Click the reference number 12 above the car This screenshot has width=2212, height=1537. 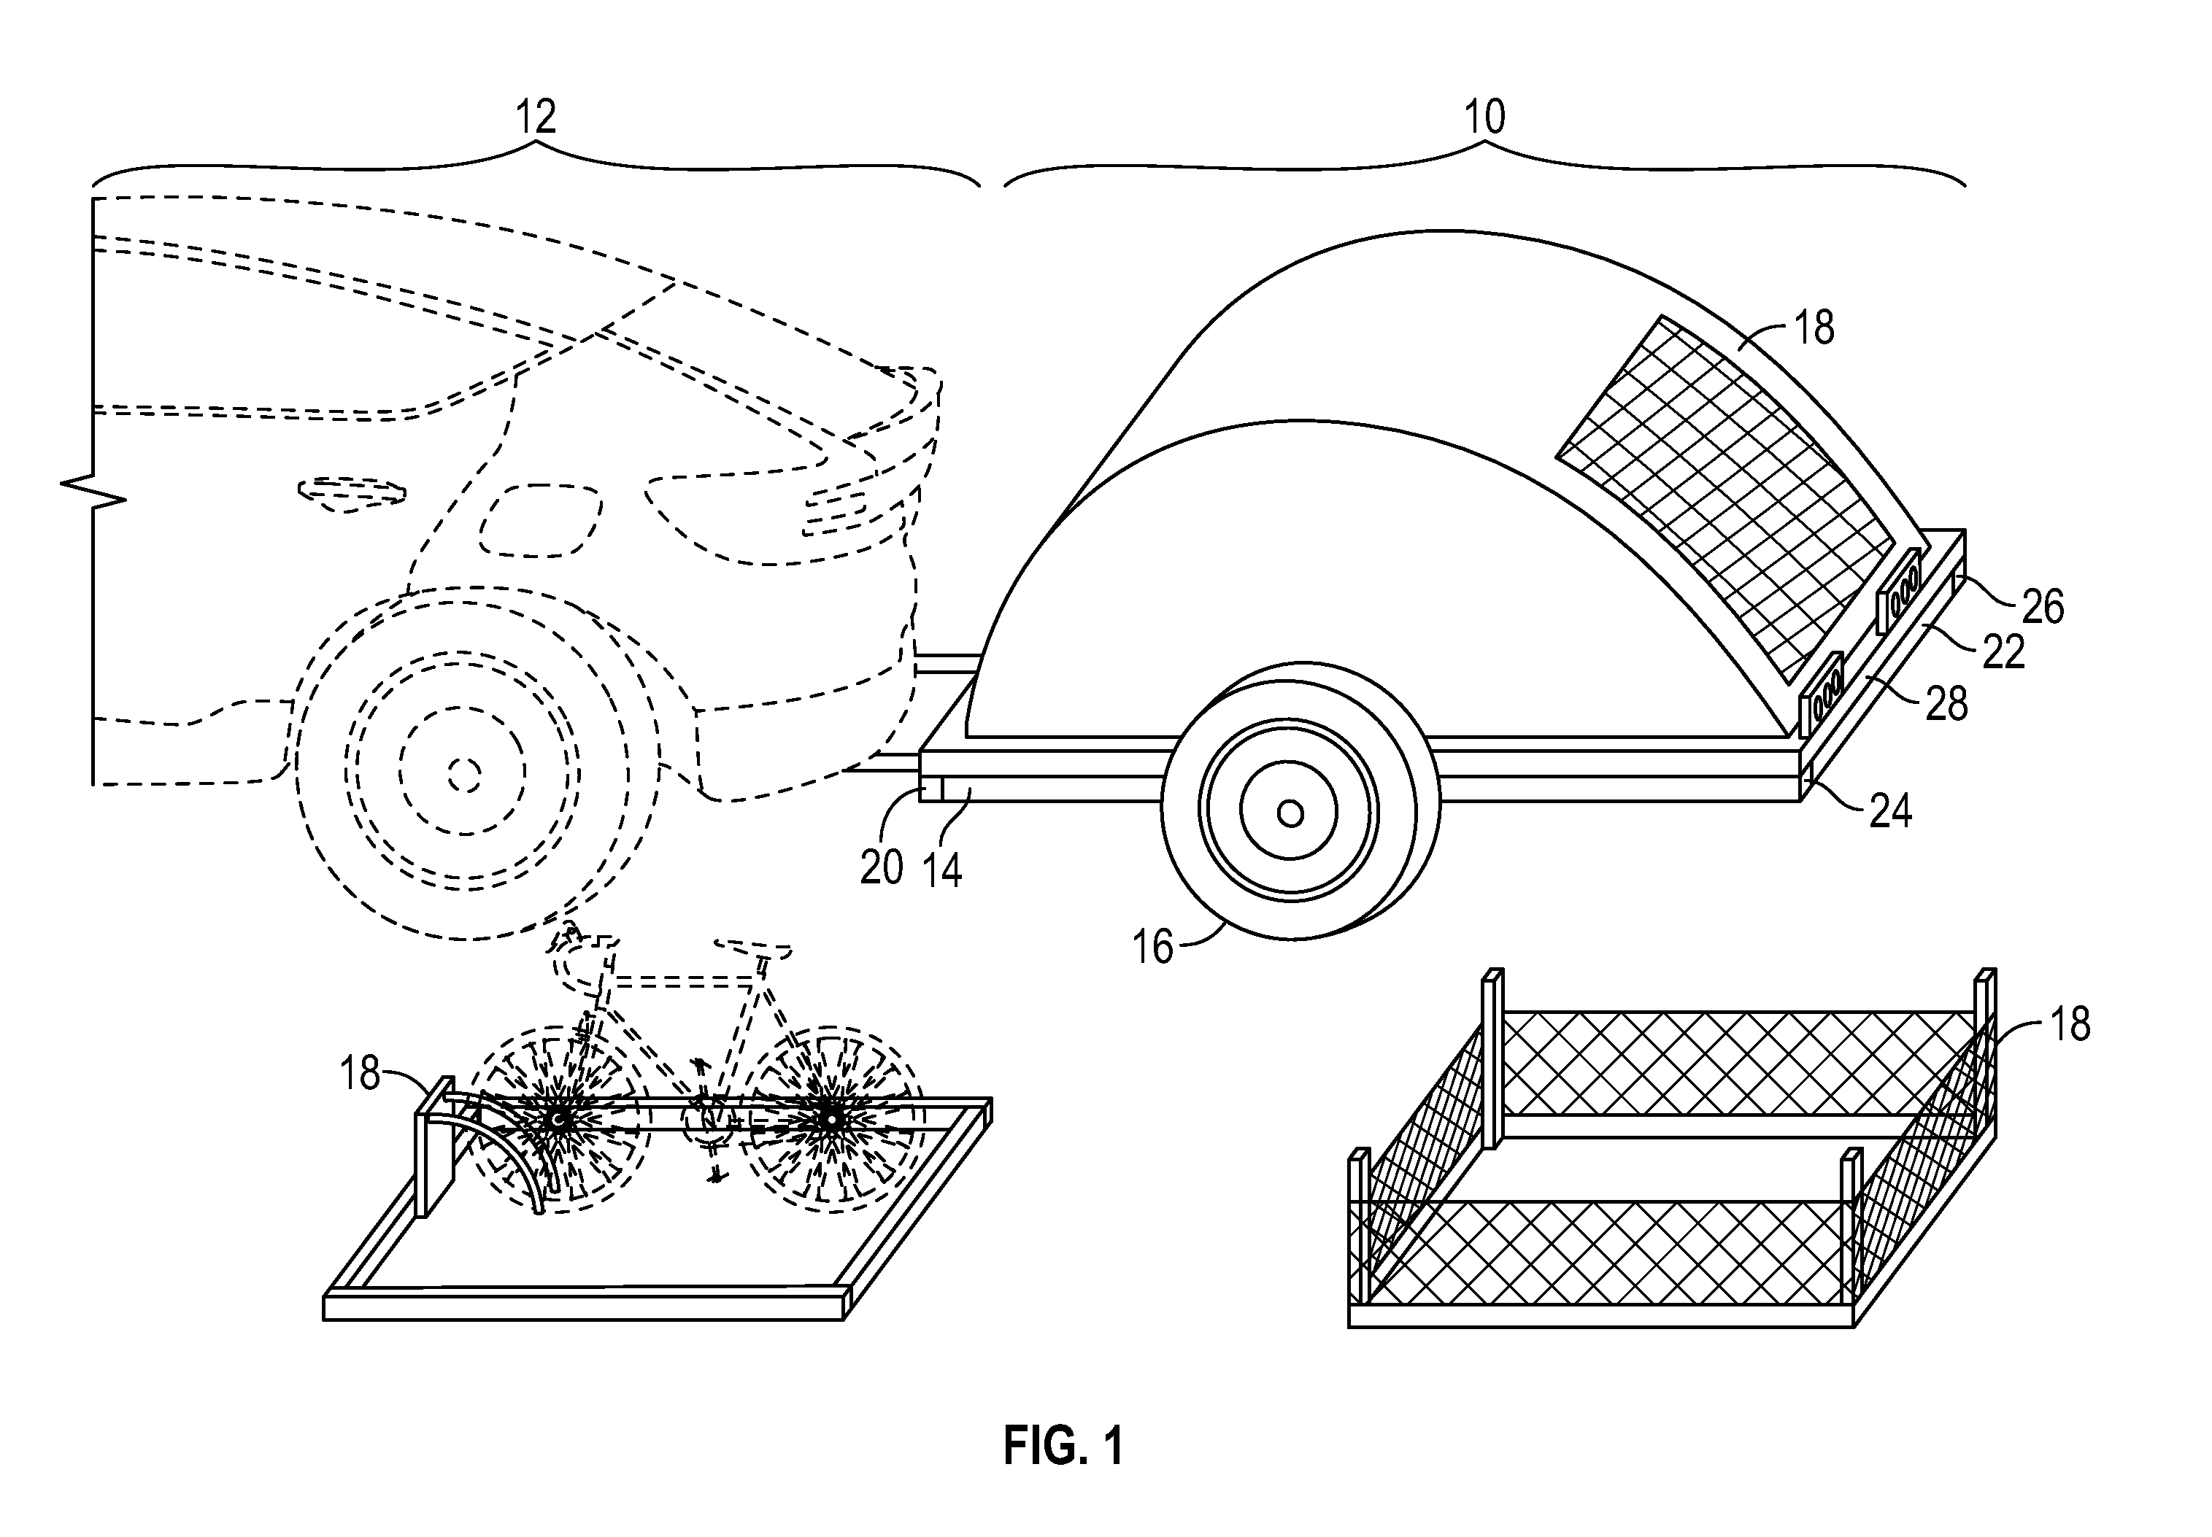536,117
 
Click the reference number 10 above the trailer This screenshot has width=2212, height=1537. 1484,117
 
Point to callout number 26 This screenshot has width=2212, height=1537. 2043,607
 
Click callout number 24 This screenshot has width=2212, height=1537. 1890,812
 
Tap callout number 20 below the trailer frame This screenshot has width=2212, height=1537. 882,869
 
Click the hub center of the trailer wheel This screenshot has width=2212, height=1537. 1290,814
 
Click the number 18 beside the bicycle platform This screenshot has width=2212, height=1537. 361,1073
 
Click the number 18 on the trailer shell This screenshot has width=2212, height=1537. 1815,328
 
